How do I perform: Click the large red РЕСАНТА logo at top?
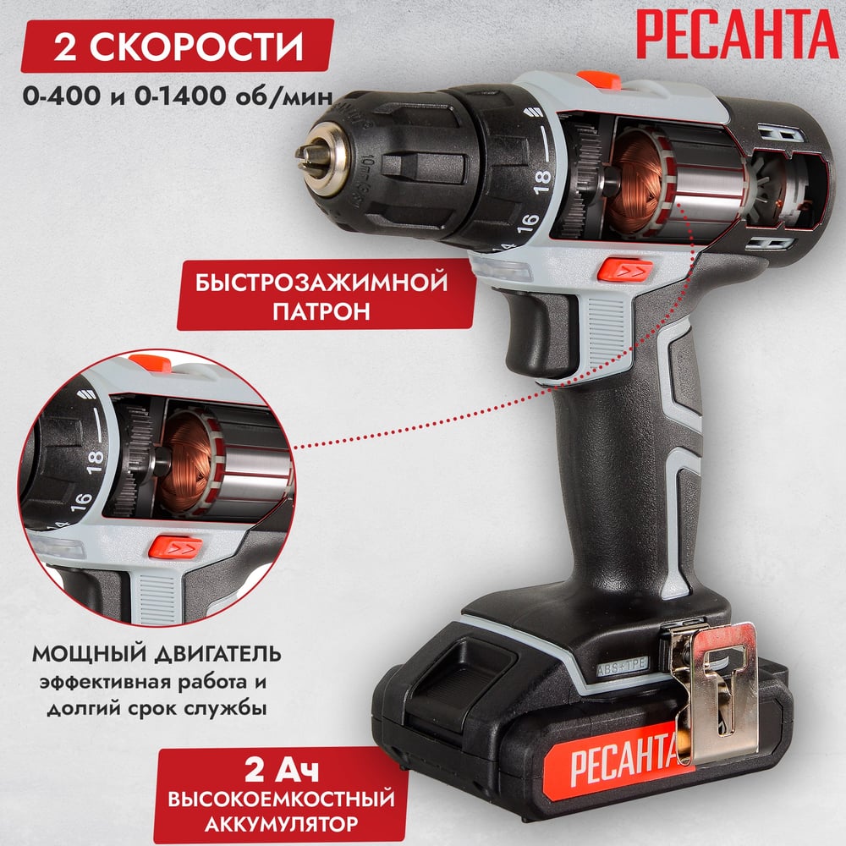pos(737,34)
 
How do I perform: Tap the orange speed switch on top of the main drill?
pos(599,80)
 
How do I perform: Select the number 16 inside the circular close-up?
pos(80,502)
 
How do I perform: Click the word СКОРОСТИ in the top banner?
pos(196,47)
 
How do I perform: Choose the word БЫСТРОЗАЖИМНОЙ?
pos(321,283)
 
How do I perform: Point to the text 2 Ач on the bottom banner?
pos(282,769)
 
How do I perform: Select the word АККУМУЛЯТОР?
pos(282,824)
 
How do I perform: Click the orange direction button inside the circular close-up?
pos(176,547)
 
